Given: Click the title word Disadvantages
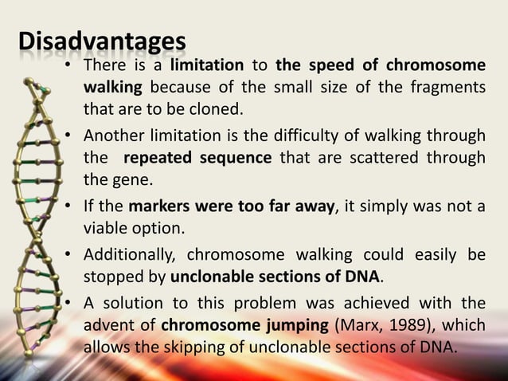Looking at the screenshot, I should click(x=103, y=41).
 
